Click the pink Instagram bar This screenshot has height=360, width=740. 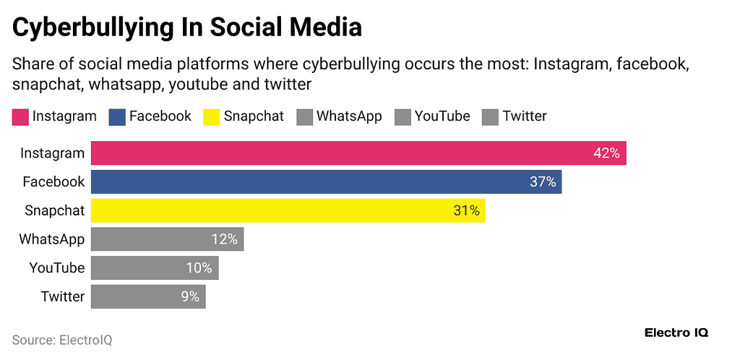point(358,153)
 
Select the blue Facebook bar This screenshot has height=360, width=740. point(326,182)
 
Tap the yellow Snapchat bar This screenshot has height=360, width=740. point(288,210)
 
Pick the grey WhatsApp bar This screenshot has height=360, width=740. point(167,239)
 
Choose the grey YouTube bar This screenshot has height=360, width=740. point(155,268)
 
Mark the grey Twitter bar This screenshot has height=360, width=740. point(148,296)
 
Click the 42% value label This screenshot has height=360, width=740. point(606,153)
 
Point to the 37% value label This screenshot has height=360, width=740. point(543,182)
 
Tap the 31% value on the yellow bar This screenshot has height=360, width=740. point(466,210)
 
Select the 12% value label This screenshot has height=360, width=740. point(225,239)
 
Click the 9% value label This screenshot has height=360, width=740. point(189,296)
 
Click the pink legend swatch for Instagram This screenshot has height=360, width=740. point(20,116)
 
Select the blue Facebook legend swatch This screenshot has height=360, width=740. point(117,116)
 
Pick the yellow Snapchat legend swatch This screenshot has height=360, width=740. point(212,116)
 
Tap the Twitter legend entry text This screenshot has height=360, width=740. point(525,116)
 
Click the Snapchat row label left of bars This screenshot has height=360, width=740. point(54,210)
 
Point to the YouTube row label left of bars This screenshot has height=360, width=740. point(56,268)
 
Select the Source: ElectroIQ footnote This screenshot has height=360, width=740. point(62,340)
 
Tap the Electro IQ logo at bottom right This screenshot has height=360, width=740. point(676,333)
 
